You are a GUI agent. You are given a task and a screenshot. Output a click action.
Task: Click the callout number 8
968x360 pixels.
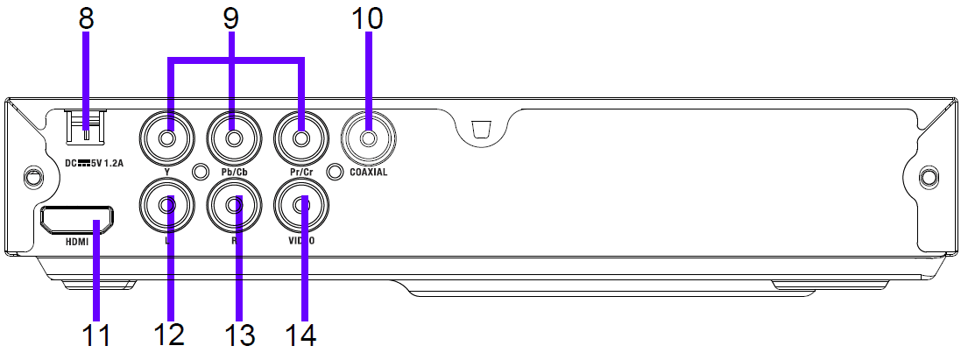86,18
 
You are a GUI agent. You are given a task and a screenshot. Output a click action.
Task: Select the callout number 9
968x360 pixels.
232,18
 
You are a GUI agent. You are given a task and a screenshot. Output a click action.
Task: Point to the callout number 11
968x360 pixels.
97,336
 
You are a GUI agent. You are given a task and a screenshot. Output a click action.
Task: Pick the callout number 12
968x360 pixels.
169,336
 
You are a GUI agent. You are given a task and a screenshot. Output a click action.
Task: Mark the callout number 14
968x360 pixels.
303,336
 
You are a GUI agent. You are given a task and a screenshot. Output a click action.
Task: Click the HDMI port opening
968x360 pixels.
76,220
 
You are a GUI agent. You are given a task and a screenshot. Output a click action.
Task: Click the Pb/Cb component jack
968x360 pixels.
234,138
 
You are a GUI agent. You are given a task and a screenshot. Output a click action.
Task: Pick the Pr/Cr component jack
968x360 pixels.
300,138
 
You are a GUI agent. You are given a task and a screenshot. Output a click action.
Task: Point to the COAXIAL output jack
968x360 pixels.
368,138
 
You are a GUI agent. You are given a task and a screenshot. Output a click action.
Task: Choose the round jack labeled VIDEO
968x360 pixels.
301,205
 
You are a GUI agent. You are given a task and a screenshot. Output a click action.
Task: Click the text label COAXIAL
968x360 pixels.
368,173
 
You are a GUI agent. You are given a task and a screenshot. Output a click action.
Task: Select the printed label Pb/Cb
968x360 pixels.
234,173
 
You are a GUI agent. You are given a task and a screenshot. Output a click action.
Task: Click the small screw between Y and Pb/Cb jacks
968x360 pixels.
201,173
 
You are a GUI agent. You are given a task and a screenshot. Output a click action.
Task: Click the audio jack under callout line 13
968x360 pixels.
234,205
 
